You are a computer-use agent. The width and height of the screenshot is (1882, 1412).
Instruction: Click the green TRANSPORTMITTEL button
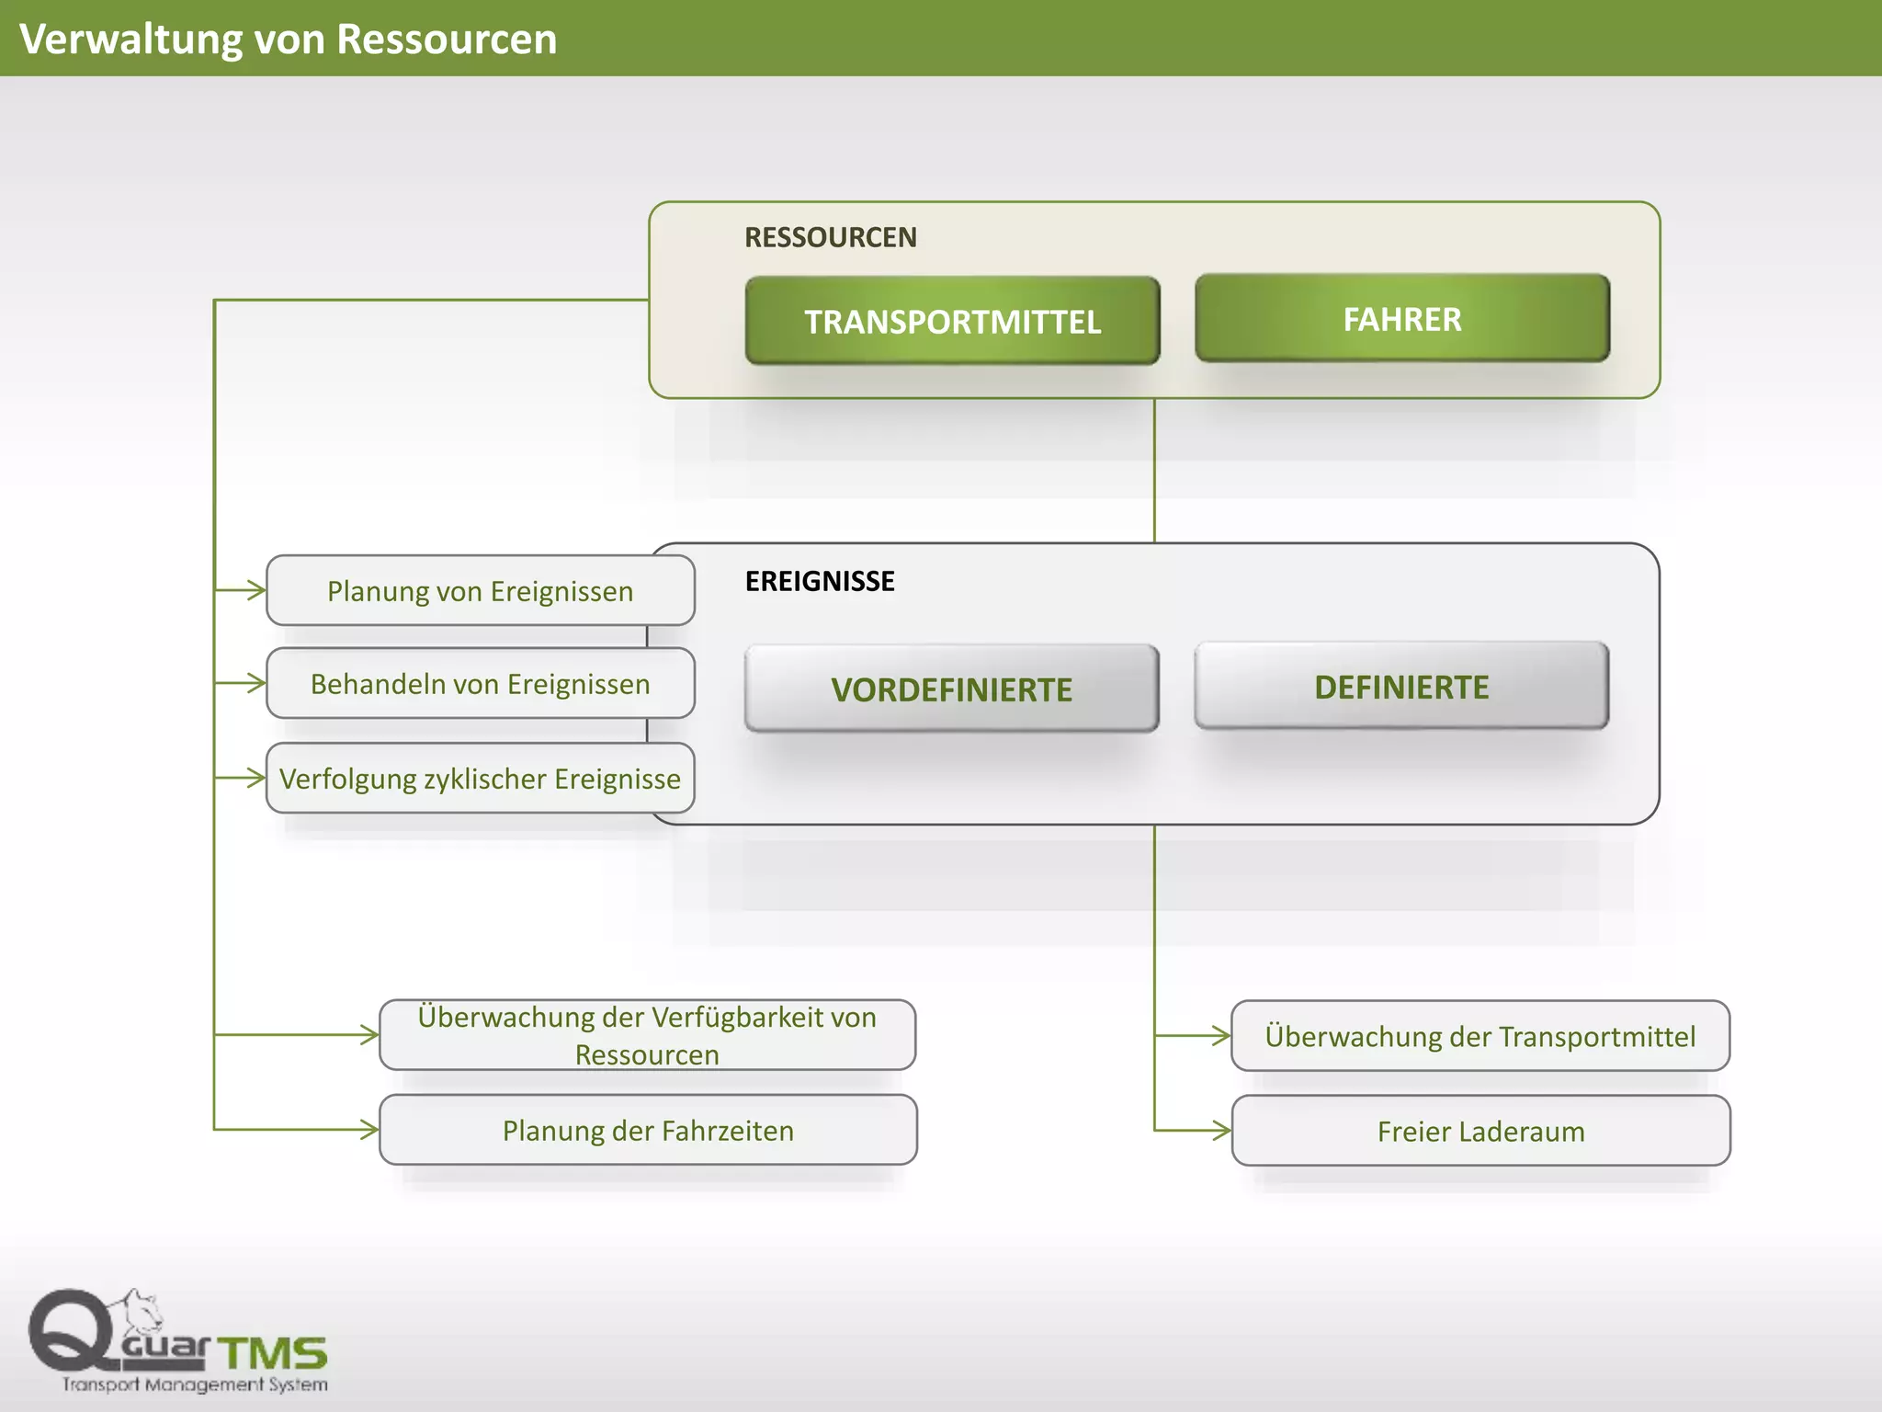coord(952,321)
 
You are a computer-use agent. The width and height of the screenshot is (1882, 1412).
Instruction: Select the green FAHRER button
coord(1401,318)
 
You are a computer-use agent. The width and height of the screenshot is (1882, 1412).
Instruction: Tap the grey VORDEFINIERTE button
coord(951,689)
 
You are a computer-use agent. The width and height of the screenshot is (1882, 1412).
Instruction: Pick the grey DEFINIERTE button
coord(1401,686)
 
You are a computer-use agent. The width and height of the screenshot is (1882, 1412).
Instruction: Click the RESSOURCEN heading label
coord(830,237)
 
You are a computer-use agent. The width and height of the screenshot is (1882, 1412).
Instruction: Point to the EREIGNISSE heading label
coord(819,581)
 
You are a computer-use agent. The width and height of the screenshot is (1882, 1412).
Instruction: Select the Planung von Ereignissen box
coord(480,590)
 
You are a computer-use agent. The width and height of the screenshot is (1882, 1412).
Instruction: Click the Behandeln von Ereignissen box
coord(480,683)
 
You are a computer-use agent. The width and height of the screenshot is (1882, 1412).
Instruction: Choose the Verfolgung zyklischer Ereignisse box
coord(480,778)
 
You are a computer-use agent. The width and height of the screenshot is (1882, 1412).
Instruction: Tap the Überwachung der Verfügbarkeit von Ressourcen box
coord(647,1035)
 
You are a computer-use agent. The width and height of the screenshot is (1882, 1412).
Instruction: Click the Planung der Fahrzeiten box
coord(647,1130)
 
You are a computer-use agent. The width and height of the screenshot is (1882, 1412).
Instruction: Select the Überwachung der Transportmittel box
coord(1480,1036)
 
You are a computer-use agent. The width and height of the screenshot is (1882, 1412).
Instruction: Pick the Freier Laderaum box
coord(1480,1131)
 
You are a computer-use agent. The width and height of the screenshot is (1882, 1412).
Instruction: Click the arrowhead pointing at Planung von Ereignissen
coord(256,590)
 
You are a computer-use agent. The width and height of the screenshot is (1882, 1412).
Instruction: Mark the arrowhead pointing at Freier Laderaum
coord(1221,1131)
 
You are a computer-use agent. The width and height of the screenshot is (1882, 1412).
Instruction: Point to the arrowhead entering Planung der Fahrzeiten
coord(369,1130)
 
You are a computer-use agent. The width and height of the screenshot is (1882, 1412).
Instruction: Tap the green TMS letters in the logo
coord(273,1353)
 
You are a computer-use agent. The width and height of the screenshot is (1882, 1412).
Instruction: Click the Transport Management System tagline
coord(195,1384)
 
